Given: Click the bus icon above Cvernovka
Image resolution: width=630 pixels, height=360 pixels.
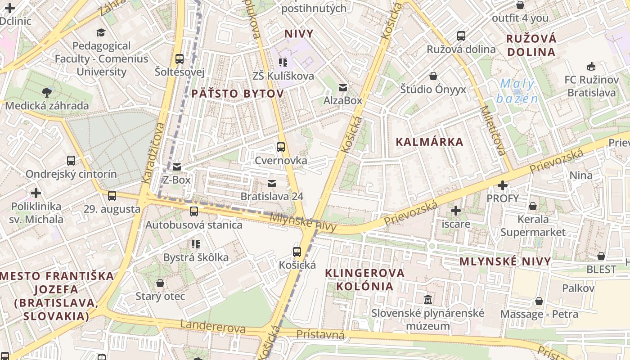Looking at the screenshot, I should (x=281, y=147).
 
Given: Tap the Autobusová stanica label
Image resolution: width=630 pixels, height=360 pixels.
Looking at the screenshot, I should (x=194, y=225).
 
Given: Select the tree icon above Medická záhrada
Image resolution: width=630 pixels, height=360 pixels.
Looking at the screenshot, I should (x=46, y=93).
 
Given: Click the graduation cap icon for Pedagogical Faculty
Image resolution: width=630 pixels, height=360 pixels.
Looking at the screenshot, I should (x=101, y=32).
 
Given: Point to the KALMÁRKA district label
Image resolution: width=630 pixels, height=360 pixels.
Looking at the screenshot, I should (x=429, y=142).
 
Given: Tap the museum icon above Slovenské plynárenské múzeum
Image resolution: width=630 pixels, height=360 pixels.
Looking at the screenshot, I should (x=427, y=299).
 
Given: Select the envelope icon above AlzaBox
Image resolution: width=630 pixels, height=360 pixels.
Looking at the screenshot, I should (x=343, y=87).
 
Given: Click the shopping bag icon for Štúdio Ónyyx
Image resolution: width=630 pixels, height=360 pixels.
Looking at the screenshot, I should (x=433, y=76).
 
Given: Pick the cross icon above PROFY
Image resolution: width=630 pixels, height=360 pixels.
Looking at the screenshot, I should (x=503, y=185).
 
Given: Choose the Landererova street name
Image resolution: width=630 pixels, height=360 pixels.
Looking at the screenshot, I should (x=213, y=327).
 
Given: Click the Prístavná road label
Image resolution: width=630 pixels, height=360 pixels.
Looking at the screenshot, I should (x=320, y=334).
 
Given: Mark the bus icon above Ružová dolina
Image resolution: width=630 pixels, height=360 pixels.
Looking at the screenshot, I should (x=461, y=36).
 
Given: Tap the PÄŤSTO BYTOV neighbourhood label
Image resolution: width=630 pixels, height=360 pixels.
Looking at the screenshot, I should (x=238, y=94).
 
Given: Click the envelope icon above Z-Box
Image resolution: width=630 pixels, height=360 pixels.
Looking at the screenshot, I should (x=177, y=167).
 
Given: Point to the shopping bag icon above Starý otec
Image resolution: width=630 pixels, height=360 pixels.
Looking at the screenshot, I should (x=160, y=283).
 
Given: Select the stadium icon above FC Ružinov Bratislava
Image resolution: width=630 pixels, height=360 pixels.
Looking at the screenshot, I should (x=591, y=67).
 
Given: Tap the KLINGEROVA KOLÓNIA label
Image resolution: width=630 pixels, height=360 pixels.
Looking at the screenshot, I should (x=365, y=279).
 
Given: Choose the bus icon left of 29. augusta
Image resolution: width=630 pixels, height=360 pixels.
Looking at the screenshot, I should (x=112, y=196).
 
